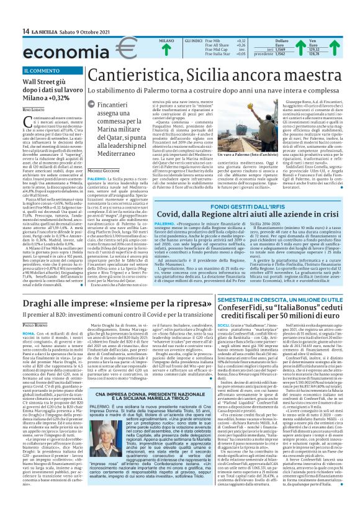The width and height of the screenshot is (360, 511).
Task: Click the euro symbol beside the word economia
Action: point(109,48)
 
